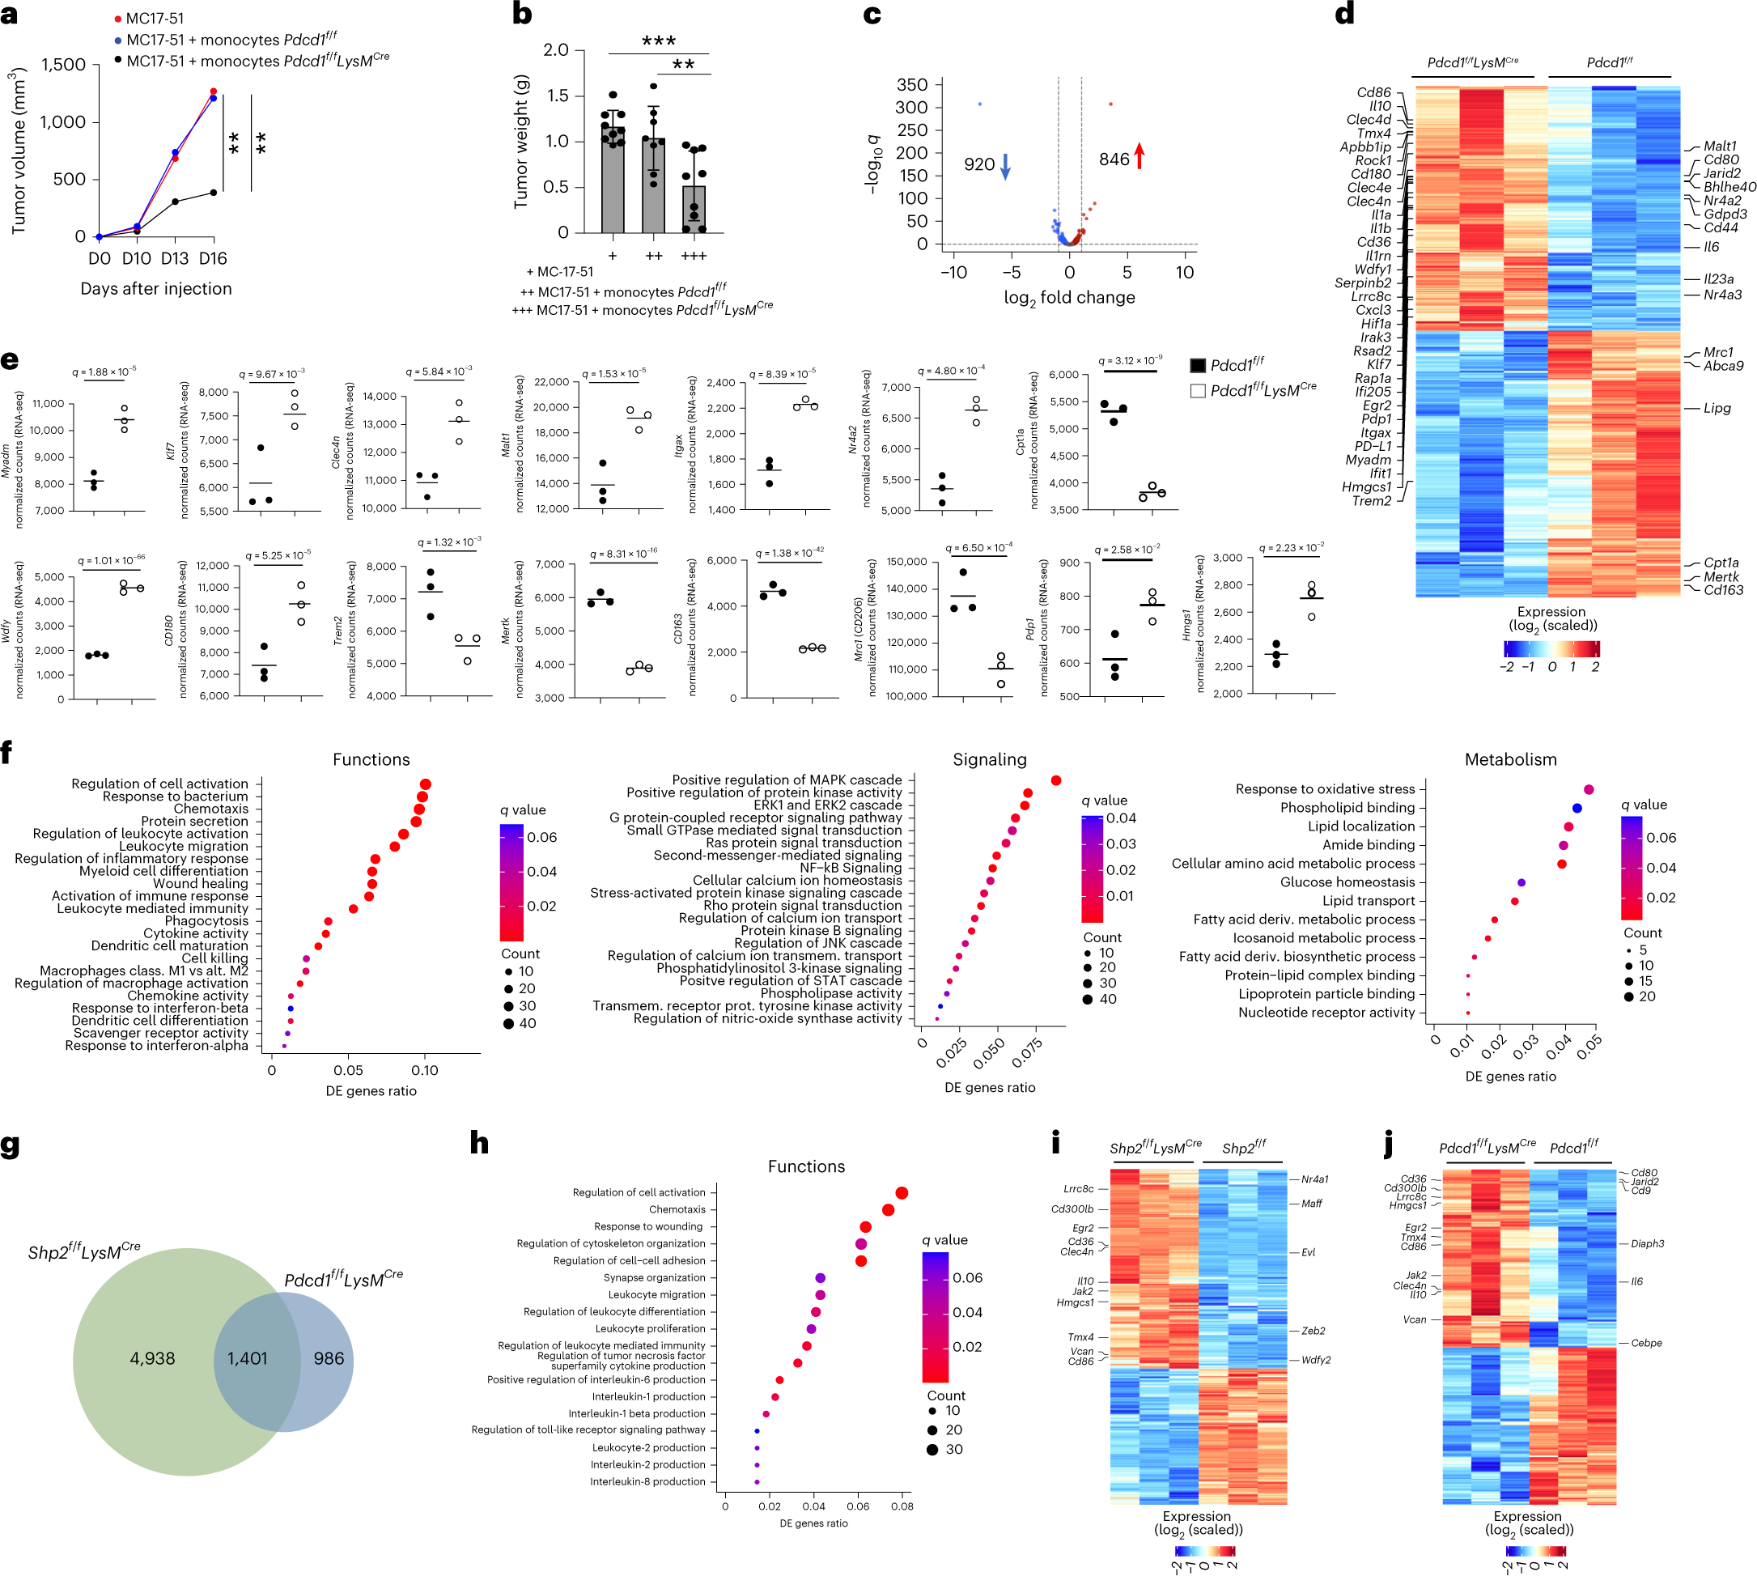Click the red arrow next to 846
click(x=1139, y=157)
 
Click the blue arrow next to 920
click(x=1005, y=165)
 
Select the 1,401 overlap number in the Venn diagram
click(x=247, y=1358)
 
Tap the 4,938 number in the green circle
click(x=152, y=1358)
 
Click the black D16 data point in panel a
click(x=213, y=192)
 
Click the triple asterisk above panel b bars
click(x=658, y=41)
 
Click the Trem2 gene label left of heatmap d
click(x=1372, y=500)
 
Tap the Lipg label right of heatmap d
click(x=1717, y=408)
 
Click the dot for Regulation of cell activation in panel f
click(x=425, y=784)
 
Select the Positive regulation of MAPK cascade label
click(x=787, y=780)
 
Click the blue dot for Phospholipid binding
click(x=1577, y=808)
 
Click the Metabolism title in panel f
click(x=1510, y=759)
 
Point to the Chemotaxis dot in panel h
click(x=888, y=1209)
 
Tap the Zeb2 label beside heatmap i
click(x=1313, y=1331)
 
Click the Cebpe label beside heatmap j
click(x=1646, y=1343)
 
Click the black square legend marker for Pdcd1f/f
click(x=1198, y=365)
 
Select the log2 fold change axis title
click(x=1068, y=298)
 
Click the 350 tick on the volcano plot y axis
click(x=912, y=85)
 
